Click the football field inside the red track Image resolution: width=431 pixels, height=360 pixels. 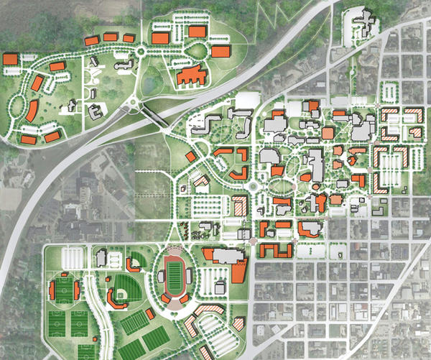(174, 275)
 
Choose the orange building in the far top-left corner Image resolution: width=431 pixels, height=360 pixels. (11, 59)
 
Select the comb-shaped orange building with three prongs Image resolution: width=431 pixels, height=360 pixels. (277, 249)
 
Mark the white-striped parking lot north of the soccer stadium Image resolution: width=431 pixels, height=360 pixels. (74, 256)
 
